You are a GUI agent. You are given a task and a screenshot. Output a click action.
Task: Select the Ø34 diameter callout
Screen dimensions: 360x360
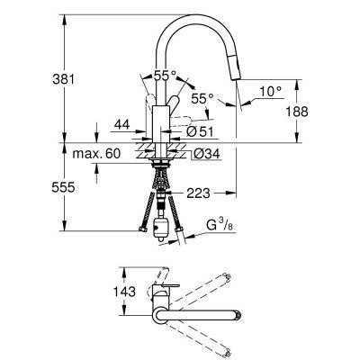pos(205,154)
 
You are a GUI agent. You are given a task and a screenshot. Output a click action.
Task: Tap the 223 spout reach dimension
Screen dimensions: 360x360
pos(200,192)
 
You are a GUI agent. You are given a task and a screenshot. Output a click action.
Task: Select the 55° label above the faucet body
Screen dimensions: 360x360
pos(164,77)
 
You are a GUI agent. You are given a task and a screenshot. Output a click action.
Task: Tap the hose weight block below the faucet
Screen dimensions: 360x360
pos(163,226)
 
